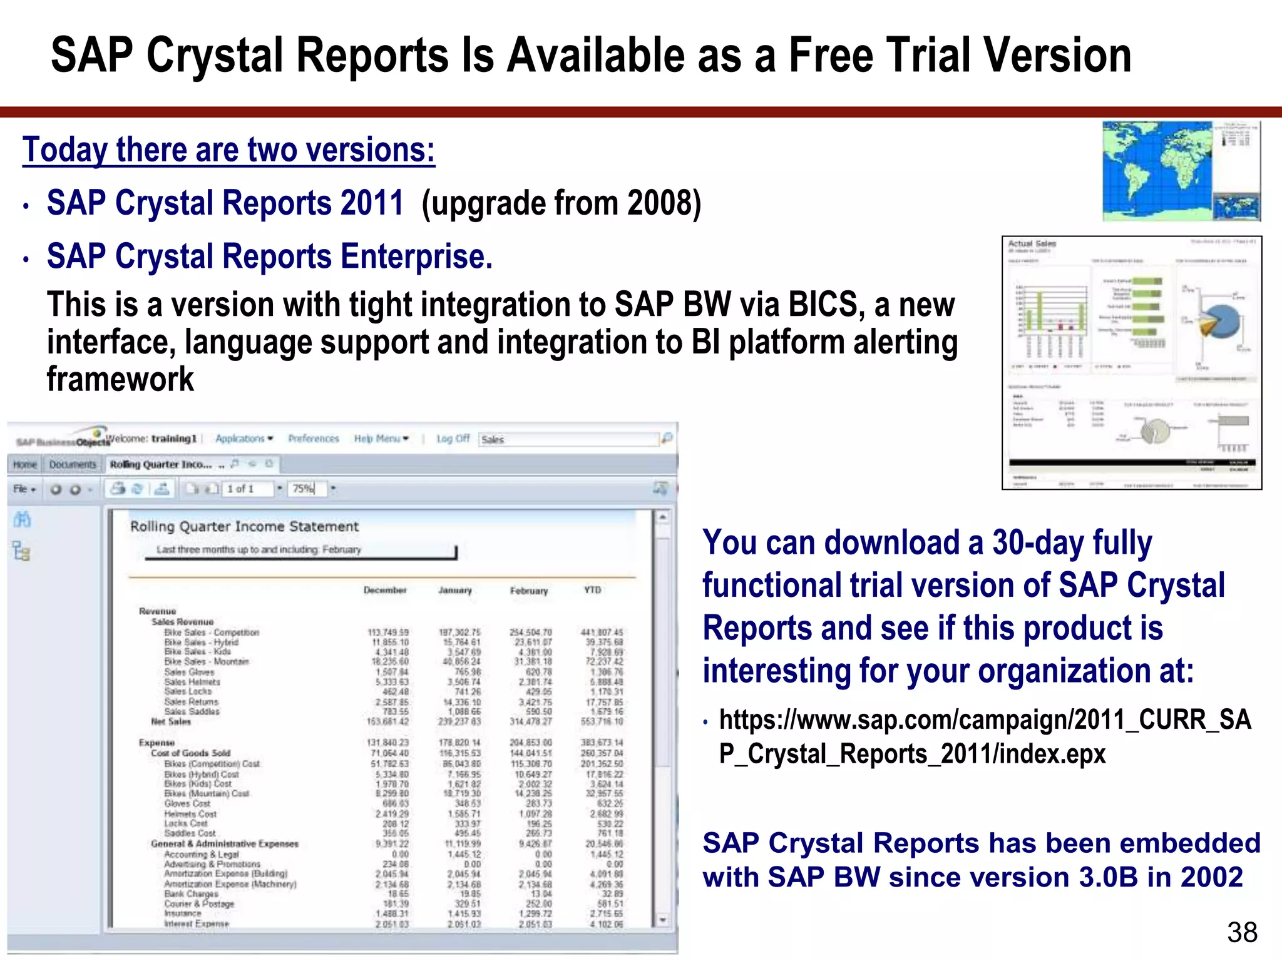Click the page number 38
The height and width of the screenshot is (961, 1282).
pos(1242,932)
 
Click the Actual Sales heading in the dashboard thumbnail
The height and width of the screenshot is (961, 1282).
pos(1032,243)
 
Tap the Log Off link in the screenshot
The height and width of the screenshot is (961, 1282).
pos(453,439)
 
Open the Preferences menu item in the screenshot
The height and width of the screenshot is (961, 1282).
pos(313,439)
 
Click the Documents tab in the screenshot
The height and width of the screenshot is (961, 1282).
pos(73,464)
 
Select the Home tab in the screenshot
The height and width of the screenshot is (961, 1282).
pos(25,464)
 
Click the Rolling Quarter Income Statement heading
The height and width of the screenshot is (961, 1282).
pos(244,526)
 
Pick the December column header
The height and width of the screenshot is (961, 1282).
pos(385,590)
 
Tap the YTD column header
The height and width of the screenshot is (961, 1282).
pos(592,590)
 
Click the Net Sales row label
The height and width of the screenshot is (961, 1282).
pos(170,721)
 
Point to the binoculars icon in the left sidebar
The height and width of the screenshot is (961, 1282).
pos(22,519)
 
